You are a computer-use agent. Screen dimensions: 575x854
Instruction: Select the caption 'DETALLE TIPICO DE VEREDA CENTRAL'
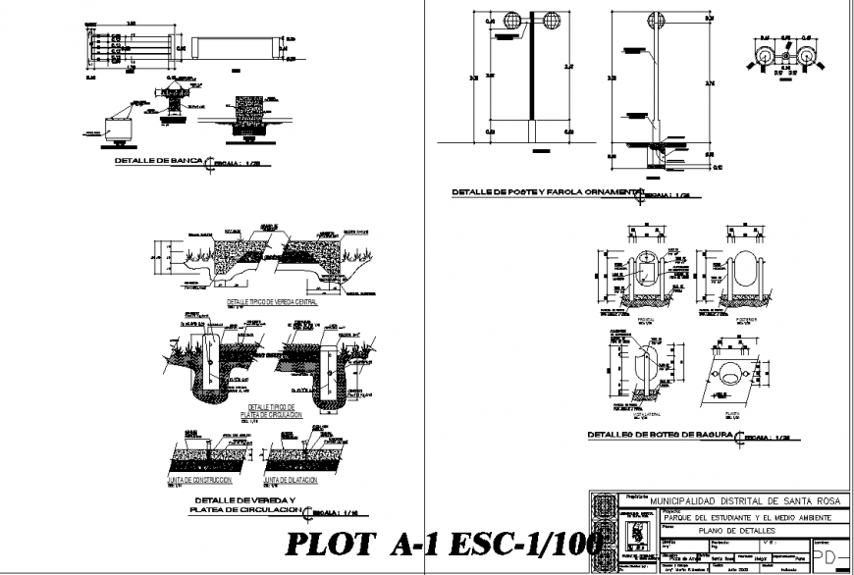coord(278,302)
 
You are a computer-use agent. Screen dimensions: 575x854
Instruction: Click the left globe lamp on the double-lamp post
coord(511,21)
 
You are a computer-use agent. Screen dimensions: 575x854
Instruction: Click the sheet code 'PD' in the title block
coord(831,555)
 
